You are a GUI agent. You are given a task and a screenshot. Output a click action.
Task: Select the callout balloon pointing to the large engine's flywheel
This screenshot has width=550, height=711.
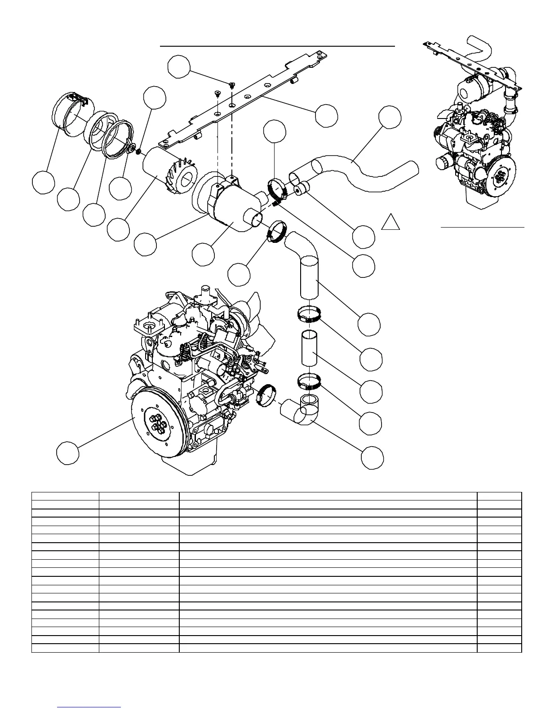[x=68, y=452]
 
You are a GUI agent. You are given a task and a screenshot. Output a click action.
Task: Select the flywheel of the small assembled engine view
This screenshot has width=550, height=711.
[x=500, y=175]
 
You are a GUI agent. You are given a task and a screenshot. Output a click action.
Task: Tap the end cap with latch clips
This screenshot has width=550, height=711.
[x=71, y=114]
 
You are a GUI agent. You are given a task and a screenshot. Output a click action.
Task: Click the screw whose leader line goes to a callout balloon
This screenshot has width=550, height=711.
[x=232, y=85]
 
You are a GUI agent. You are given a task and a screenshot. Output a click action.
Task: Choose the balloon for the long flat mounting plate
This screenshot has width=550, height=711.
[x=326, y=115]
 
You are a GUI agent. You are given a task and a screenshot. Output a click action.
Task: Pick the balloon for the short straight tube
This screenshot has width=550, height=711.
[x=372, y=391]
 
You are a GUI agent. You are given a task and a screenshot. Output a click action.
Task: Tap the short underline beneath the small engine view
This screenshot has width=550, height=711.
[x=482, y=228]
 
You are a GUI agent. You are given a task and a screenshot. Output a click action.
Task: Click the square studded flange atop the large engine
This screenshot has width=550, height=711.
[x=148, y=326]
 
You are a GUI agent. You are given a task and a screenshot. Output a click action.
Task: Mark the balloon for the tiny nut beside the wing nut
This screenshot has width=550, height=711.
[x=155, y=99]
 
